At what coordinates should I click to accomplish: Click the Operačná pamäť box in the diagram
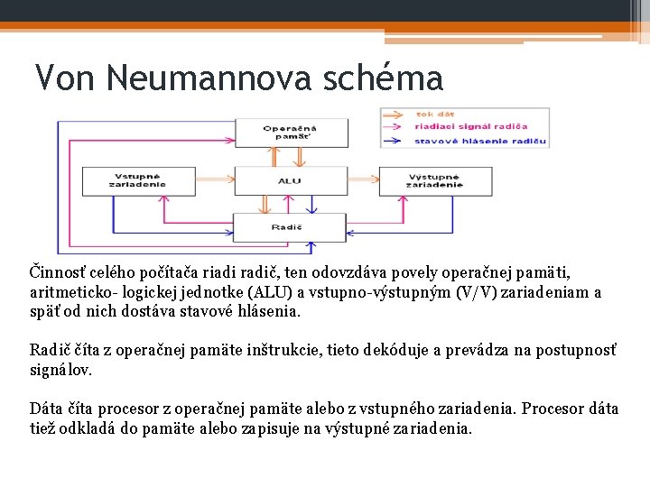point(290,133)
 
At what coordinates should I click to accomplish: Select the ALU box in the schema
point(290,181)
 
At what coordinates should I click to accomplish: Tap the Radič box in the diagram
point(290,227)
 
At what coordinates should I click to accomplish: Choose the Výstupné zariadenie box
point(434,180)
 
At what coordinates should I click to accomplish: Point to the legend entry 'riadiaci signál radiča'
point(470,127)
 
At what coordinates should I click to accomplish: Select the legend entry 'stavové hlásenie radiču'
point(480,142)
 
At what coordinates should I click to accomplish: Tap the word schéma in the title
point(391,78)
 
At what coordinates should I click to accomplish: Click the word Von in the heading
point(65,78)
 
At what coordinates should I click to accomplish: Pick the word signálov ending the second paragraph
point(60,371)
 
